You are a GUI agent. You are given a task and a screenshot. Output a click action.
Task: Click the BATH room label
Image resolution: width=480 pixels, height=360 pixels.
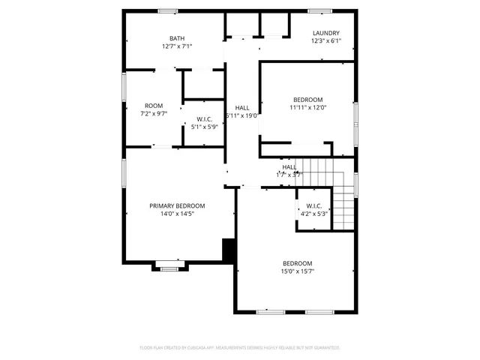click(x=177, y=39)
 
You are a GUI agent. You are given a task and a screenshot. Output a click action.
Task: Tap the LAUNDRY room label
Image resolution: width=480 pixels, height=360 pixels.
click(x=326, y=33)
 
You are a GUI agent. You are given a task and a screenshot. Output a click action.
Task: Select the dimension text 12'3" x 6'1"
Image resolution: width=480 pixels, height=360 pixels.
click(x=326, y=40)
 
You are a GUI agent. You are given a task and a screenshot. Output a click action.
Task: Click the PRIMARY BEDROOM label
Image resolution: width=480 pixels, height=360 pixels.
click(x=177, y=206)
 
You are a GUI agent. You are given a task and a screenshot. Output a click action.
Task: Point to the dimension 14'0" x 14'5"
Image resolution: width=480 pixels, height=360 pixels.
click(x=177, y=214)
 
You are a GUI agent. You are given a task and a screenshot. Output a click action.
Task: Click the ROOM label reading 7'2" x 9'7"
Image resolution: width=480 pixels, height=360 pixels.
click(x=153, y=106)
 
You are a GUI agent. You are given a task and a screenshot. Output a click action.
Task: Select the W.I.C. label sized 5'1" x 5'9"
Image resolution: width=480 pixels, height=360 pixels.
click(x=204, y=119)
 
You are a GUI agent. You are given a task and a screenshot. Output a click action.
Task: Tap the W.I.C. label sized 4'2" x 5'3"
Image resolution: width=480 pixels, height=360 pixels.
click(x=314, y=206)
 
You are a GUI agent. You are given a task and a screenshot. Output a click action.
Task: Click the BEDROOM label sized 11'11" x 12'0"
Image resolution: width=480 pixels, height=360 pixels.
click(x=307, y=100)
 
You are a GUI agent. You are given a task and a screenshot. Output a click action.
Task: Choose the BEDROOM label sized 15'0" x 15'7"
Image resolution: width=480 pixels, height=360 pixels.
click(x=298, y=263)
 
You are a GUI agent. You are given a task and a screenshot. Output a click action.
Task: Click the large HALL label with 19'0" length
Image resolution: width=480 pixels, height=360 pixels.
click(x=242, y=108)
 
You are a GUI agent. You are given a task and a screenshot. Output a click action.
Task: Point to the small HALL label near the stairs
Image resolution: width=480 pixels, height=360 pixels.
click(x=289, y=167)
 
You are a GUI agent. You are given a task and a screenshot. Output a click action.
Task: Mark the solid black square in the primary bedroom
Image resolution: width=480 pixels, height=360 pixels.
click(x=229, y=250)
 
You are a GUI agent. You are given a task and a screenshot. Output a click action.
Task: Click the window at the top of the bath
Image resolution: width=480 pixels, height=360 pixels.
click(x=167, y=10)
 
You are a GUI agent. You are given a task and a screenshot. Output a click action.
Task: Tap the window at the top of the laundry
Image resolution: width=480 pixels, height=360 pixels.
click(x=319, y=10)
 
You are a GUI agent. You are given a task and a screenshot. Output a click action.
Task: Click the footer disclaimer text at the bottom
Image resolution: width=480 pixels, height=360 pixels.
click(x=240, y=348)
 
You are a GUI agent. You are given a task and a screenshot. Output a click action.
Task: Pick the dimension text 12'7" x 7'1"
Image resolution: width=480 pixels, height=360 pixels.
click(x=177, y=46)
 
